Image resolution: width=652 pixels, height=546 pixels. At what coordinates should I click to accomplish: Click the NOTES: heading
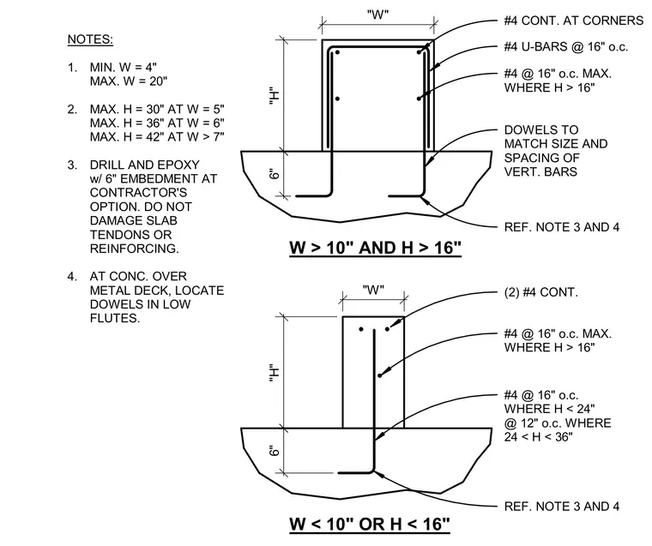coord(90,39)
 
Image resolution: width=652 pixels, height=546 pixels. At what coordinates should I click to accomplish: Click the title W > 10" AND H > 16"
coord(375,248)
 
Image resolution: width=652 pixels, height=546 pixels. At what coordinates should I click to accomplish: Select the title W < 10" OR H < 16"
coord(370,524)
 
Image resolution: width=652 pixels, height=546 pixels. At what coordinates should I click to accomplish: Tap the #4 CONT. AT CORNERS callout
coord(573,21)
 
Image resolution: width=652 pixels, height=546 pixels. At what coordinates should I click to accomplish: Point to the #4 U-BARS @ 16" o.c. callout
coord(566,46)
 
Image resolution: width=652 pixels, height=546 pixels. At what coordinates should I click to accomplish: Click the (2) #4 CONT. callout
coord(541,292)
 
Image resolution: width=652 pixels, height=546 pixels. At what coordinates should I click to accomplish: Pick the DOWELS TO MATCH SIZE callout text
coord(556,136)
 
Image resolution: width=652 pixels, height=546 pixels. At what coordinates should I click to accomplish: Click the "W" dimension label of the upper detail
coord(378,15)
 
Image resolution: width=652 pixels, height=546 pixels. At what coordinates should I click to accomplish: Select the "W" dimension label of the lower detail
coord(373,290)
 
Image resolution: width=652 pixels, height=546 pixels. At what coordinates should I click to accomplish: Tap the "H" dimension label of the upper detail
coord(274,95)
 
